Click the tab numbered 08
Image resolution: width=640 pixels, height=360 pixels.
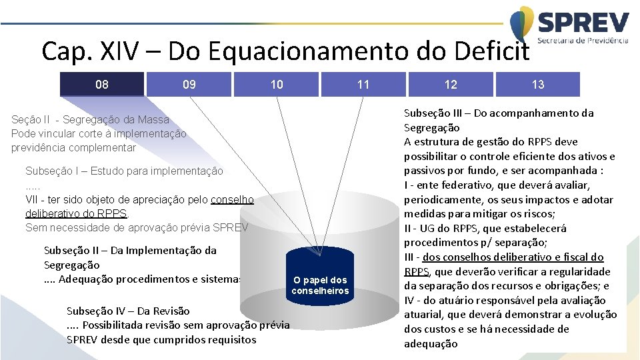[102, 85]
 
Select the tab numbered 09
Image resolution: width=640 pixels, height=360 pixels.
[189, 85]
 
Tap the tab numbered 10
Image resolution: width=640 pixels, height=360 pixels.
[277, 85]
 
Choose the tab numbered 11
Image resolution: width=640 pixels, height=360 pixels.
[363, 85]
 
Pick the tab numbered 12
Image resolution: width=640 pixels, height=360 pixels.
[451, 85]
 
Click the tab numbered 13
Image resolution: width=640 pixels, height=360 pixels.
[538, 85]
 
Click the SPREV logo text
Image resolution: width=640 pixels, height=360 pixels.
[583, 24]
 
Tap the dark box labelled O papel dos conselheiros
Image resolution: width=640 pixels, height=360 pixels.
[320, 285]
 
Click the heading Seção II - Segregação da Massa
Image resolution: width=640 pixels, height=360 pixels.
[91, 120]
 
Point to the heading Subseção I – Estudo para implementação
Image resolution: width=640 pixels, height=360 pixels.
[124, 171]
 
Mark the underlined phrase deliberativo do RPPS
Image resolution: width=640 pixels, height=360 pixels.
[76, 213]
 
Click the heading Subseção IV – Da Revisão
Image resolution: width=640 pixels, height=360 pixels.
[128, 311]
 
